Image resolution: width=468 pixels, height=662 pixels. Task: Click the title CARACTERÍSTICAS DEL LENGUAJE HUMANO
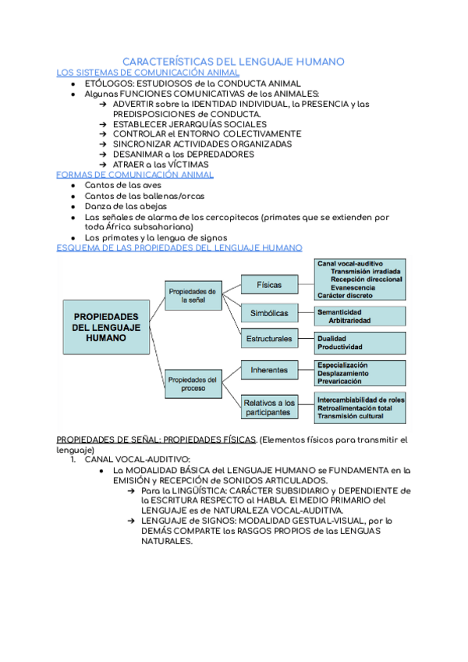pos(234,62)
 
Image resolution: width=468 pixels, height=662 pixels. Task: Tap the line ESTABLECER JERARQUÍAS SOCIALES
pos(190,124)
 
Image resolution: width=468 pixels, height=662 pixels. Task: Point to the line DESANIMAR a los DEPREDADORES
pos(183,155)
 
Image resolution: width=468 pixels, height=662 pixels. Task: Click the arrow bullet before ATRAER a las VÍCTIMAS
pos(104,165)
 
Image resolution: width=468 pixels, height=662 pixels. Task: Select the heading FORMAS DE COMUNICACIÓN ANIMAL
pos(136,175)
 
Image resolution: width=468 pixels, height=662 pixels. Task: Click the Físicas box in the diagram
pos(269,284)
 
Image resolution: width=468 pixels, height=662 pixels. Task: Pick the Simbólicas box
pos(269,313)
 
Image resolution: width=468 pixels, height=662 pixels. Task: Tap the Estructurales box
pos(269,339)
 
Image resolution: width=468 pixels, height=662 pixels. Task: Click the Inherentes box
pos(269,369)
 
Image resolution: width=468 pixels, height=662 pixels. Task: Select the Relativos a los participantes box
pos(269,407)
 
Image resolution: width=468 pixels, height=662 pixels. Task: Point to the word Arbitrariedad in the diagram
pos(349,321)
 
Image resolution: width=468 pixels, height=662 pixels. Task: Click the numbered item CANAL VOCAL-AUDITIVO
pos(137,460)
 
